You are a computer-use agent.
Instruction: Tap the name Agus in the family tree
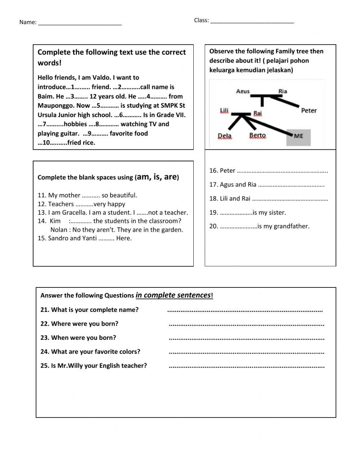(x=243, y=91)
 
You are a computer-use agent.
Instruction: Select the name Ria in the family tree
(x=283, y=91)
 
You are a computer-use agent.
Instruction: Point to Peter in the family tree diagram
(x=309, y=111)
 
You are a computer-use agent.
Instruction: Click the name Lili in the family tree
(x=224, y=111)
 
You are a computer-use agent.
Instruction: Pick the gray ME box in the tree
(x=298, y=136)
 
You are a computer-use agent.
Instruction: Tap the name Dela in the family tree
(x=225, y=136)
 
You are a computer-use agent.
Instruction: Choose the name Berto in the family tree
(x=257, y=136)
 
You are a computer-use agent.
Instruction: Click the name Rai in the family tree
(x=257, y=113)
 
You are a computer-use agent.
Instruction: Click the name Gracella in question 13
(x=73, y=213)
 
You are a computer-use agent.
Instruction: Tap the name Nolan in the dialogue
(x=59, y=230)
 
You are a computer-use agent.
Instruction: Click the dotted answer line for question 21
(x=245, y=310)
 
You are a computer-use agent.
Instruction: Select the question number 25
(x=45, y=366)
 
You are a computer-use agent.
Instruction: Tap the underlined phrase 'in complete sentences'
(x=173, y=295)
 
